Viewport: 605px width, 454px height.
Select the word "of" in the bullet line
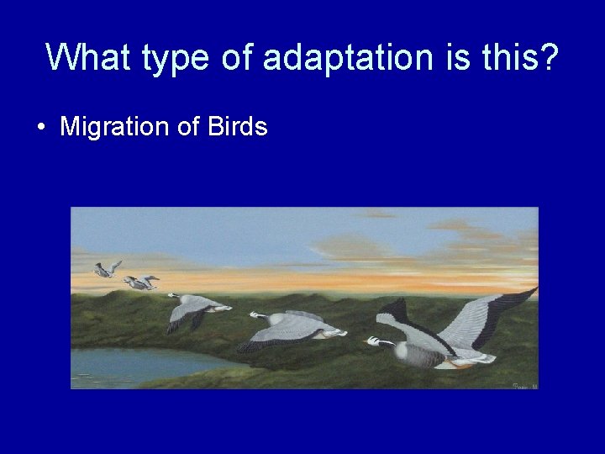coord(187,127)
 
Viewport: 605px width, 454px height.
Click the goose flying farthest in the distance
coord(105,269)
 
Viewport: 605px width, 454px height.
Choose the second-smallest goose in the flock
coord(140,283)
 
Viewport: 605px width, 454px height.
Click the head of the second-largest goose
coord(255,315)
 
